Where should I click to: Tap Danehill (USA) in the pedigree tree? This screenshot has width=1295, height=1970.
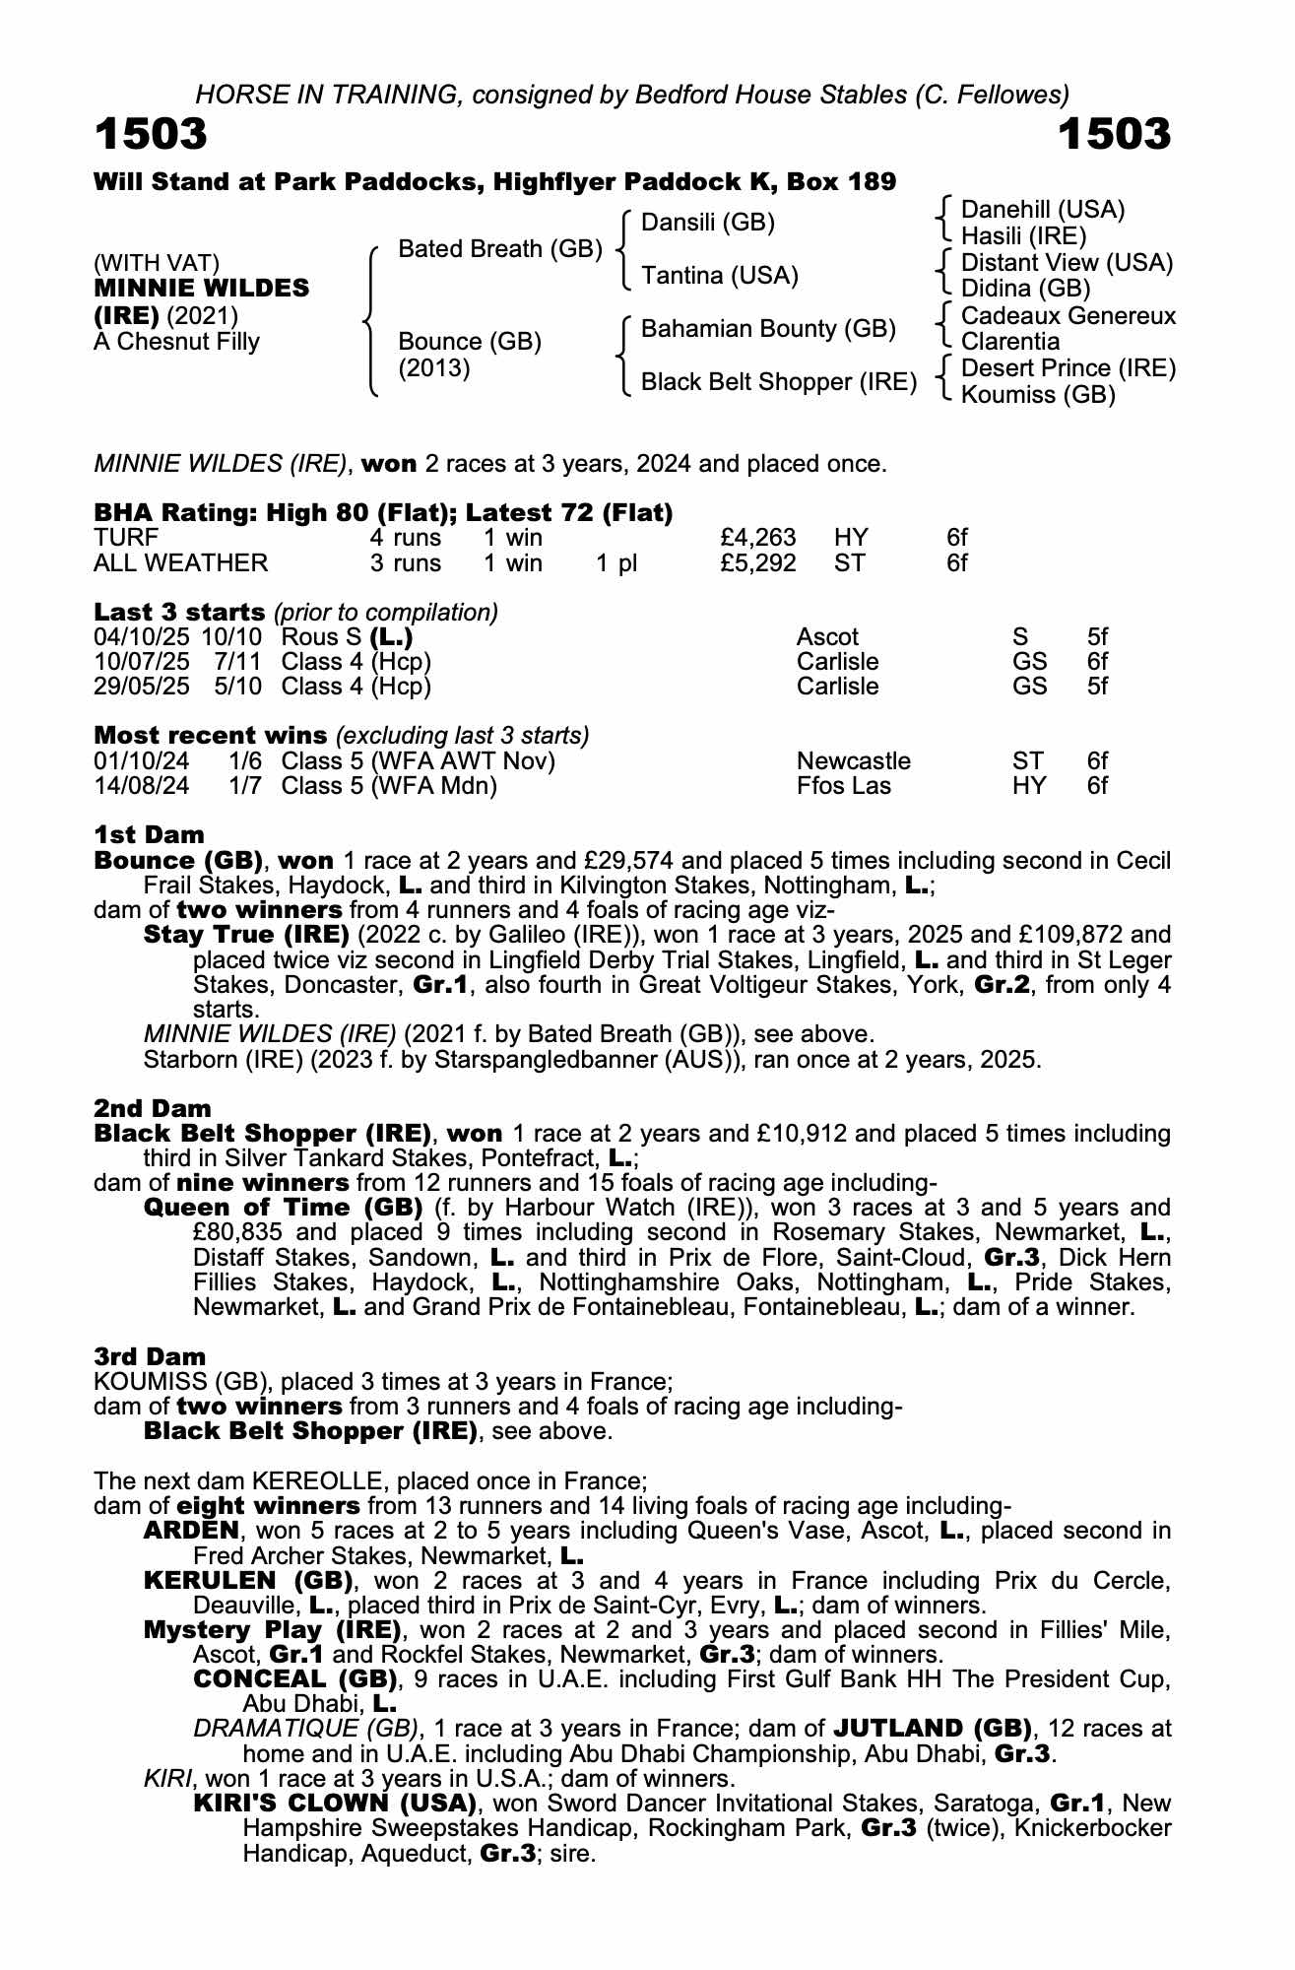click(1042, 210)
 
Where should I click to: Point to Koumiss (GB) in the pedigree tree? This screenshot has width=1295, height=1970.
click(1037, 395)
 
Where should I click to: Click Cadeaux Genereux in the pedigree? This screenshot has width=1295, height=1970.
click(1068, 316)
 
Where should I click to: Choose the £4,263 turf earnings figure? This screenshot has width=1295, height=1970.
click(757, 538)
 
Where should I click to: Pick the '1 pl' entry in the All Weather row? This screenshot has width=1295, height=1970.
click(616, 563)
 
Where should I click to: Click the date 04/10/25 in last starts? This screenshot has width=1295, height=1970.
click(142, 636)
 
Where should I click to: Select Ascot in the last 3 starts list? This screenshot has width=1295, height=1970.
click(827, 636)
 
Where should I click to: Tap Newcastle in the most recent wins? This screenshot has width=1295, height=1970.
click(853, 761)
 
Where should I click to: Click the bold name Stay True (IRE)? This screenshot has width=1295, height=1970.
click(246, 934)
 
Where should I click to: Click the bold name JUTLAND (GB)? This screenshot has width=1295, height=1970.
click(932, 1729)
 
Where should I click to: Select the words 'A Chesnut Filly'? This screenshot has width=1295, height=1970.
click(176, 342)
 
